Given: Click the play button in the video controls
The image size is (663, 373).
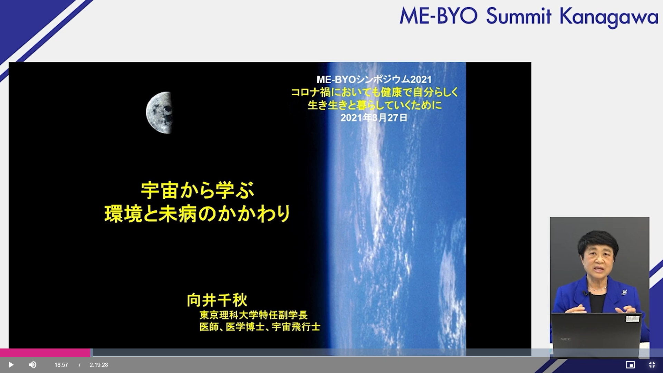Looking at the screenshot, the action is pos(11,365).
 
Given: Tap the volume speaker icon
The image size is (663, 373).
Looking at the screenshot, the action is pos(32,365).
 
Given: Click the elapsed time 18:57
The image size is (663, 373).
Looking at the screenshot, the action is pos(61,365).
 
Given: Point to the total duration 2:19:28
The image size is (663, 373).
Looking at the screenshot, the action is pos(99,365).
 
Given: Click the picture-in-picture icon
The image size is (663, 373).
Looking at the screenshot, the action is pos(630,365).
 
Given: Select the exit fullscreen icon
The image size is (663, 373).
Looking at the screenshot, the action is pos(652,365).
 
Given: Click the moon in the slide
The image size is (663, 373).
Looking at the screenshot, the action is pos(159,113).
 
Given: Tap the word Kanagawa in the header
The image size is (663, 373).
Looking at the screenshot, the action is pos(609,17).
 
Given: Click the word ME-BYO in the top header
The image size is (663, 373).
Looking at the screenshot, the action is pos(439,16).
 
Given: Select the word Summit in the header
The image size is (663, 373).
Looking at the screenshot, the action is pos(519,16).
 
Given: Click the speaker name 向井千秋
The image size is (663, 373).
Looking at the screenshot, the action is pos(217,300).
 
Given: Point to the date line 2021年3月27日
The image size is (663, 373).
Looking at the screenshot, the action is pos(374,118).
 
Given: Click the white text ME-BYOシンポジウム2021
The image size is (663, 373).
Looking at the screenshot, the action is pos(374,79).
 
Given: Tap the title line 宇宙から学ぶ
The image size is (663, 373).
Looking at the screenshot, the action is pos(198,190).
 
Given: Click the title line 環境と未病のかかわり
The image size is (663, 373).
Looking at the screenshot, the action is pos(198,214).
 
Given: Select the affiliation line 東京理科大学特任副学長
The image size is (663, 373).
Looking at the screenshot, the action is pos(253,315).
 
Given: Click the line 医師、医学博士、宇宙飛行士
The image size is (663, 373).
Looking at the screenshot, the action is pos(260,327).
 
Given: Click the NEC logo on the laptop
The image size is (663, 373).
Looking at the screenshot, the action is pos(566,339).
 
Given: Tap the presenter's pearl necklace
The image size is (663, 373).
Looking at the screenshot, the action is pos(597,289).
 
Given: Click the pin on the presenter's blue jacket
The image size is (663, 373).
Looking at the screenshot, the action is pos(624,293).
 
